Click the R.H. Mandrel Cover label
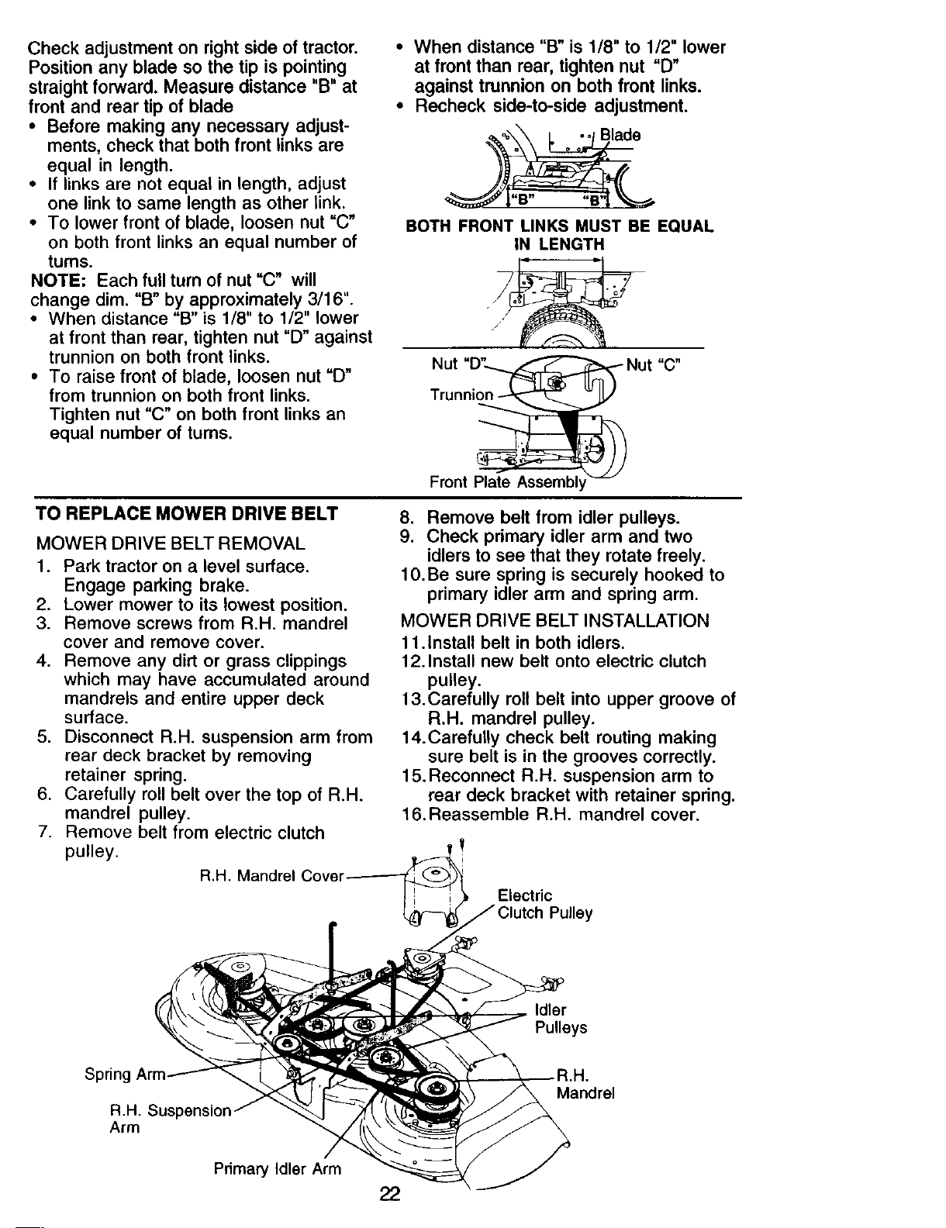tap(271, 877)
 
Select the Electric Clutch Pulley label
tap(544, 905)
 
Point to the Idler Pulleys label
tap(561, 1019)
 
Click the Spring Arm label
tap(126, 1074)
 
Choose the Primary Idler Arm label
tap(277, 1169)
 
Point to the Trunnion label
tap(461, 395)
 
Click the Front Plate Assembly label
tap(507, 482)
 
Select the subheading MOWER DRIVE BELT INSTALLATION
tap(554, 620)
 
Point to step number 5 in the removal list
tap(43, 737)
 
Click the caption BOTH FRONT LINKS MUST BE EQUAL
tap(559, 226)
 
